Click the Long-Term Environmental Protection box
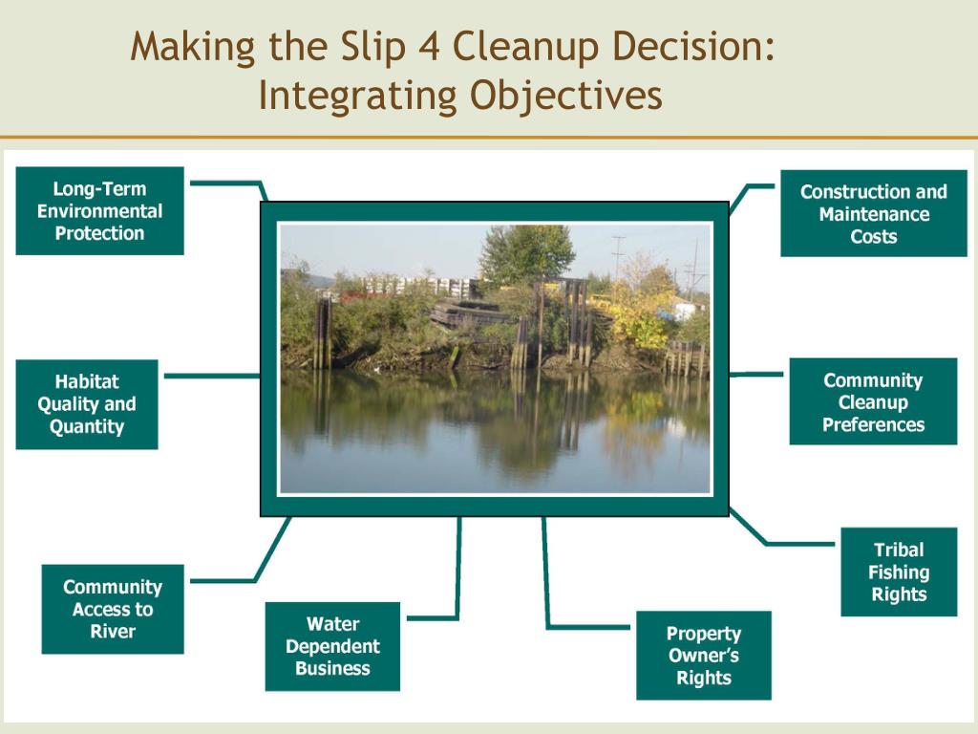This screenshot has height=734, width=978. coord(99,211)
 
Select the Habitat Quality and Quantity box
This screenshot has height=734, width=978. coord(87,404)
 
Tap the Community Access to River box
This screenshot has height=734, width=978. coord(113,609)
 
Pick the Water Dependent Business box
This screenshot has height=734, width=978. coord(332,646)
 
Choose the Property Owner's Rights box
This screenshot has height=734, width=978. coord(704,656)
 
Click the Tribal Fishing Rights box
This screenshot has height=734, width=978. coord(899,572)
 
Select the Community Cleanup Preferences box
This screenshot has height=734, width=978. coord(873,402)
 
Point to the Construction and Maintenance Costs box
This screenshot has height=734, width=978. coord(873,214)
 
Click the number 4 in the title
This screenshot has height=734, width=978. coord(429,48)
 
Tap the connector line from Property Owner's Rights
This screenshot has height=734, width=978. coord(546,583)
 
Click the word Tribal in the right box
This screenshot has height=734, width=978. coord(899,550)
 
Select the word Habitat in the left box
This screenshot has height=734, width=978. coord(87,382)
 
